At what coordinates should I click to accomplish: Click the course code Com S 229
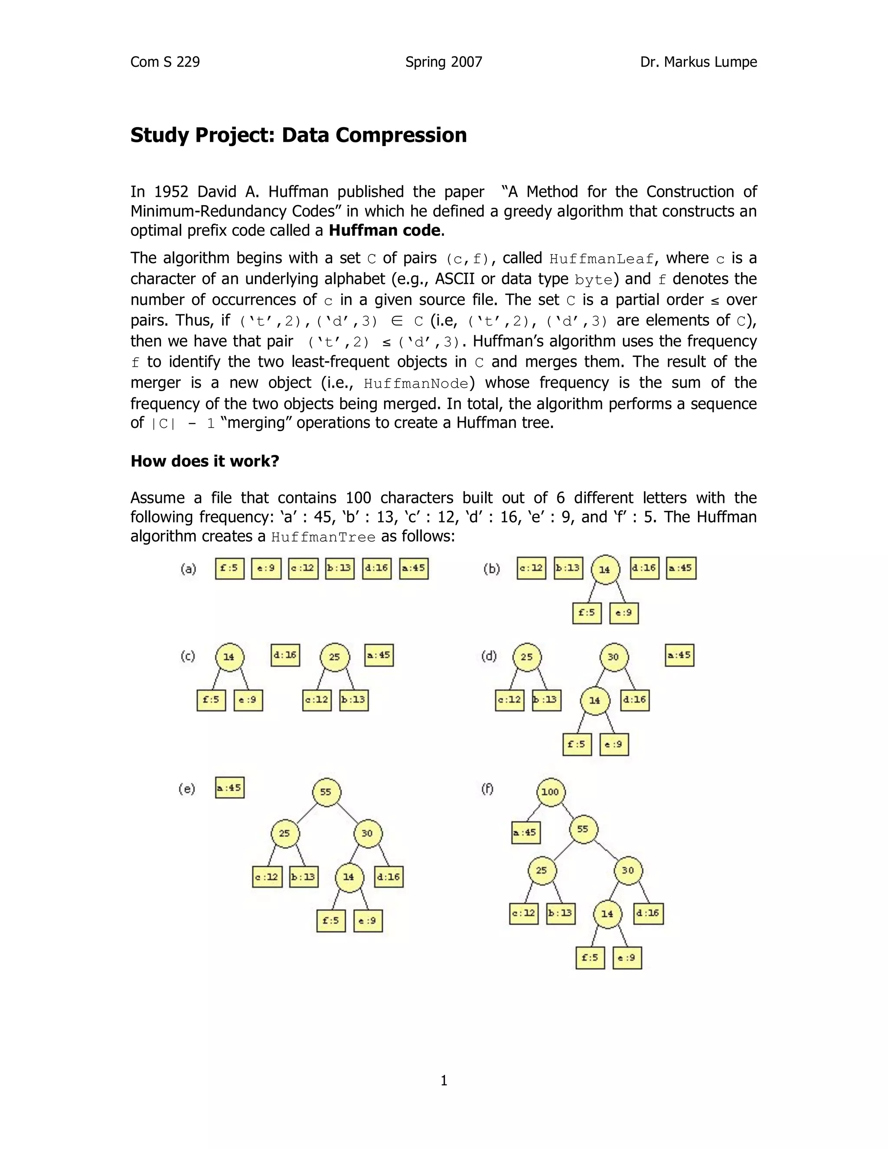point(165,62)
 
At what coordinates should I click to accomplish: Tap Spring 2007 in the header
point(444,62)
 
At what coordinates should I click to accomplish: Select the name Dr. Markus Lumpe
point(698,62)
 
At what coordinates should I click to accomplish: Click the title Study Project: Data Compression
point(298,135)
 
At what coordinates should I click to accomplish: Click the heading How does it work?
point(205,461)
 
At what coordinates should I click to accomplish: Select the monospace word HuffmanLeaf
point(601,259)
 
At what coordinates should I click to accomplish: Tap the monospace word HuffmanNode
point(415,384)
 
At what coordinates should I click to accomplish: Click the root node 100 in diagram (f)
point(550,792)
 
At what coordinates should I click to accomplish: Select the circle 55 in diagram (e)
point(326,792)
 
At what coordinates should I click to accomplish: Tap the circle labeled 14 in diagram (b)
point(605,570)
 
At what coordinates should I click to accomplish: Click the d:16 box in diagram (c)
point(285,656)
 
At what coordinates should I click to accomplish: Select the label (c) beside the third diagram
point(187,656)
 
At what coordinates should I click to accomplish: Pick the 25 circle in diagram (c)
point(335,657)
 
